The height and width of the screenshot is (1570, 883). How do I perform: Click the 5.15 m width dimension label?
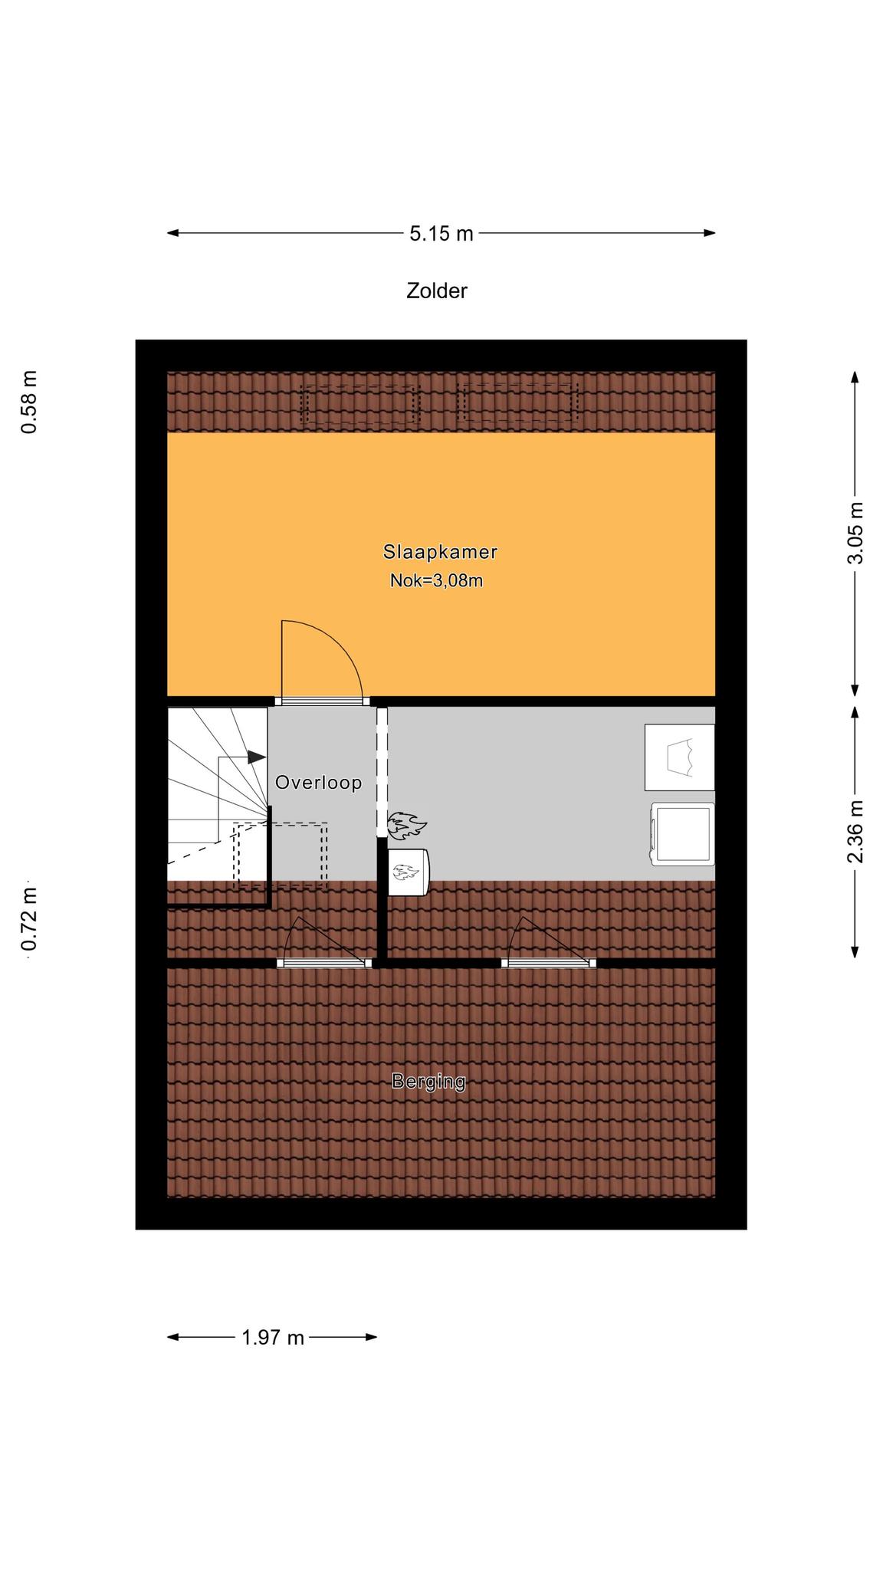(441, 233)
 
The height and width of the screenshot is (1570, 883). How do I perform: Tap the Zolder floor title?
(436, 291)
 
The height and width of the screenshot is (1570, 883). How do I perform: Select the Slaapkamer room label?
(441, 551)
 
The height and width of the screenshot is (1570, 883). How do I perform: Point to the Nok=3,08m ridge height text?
(436, 580)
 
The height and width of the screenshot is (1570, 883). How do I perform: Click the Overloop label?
(318, 783)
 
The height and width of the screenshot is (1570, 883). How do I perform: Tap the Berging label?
(428, 1082)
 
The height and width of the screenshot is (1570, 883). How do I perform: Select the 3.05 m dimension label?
(855, 533)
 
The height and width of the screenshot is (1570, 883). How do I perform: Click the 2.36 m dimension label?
(855, 832)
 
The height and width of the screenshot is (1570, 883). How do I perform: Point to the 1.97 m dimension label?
(273, 1338)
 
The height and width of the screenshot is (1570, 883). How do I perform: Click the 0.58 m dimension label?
(29, 402)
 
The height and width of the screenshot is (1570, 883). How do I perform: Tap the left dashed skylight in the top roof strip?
(360, 404)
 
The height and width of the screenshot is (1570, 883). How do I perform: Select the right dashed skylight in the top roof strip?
(517, 403)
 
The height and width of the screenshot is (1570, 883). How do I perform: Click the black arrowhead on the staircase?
(256, 757)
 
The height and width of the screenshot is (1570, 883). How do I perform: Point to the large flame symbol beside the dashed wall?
(405, 826)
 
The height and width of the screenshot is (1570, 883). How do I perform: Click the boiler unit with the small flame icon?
(409, 872)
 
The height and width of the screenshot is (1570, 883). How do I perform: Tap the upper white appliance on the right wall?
(679, 757)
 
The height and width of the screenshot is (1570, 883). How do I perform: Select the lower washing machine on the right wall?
(681, 835)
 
